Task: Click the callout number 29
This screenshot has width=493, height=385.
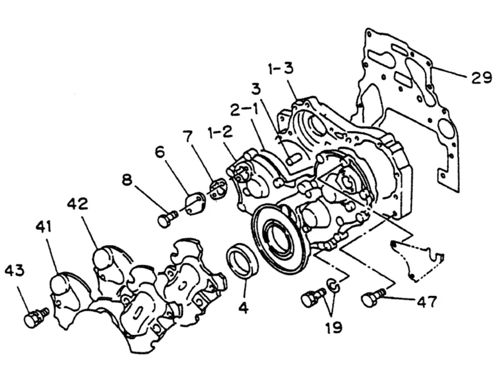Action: tap(481, 77)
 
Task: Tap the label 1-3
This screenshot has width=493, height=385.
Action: tap(281, 68)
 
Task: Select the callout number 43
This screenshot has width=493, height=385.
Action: tap(15, 270)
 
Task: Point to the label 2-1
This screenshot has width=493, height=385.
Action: tap(244, 110)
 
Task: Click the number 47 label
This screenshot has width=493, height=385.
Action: tap(427, 302)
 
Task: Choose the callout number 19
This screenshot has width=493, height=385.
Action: tap(334, 328)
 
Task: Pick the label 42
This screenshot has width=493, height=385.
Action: tap(77, 204)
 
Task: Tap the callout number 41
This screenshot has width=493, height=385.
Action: tap(44, 227)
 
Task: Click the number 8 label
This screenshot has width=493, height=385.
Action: tap(127, 180)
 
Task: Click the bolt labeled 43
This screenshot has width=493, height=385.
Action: tap(36, 318)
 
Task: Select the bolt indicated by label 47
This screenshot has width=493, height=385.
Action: tap(373, 297)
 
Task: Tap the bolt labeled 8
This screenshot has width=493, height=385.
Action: tap(168, 218)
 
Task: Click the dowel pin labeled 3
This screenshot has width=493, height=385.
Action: tap(293, 159)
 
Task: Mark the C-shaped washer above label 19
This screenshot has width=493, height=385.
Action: tap(333, 286)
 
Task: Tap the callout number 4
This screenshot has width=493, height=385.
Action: tap(244, 309)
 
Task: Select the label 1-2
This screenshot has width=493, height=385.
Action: tap(220, 133)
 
